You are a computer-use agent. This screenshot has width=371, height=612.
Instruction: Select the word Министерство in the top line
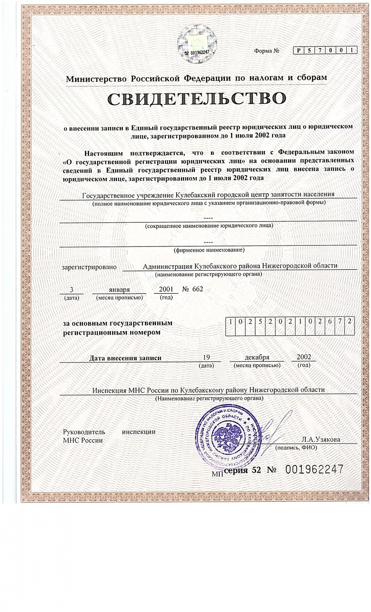point(96,79)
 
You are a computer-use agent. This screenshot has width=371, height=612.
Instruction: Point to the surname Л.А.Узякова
point(321,439)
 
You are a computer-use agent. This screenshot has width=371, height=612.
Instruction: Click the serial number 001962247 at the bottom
point(314,469)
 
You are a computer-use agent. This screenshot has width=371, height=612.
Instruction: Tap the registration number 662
point(197,289)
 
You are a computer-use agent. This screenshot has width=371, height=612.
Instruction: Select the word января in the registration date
point(119,289)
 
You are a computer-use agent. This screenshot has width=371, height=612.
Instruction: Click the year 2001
point(166,289)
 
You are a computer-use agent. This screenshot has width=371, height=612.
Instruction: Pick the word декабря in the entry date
point(257,357)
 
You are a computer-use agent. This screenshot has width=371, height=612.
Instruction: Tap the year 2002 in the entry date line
point(304,357)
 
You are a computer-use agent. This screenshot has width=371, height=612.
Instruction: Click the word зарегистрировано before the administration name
point(89,267)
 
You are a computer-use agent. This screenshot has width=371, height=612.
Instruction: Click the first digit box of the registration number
point(231,322)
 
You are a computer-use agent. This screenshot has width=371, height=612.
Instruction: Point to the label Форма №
point(266,51)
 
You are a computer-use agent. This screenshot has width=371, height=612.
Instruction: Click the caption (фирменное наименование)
point(209,250)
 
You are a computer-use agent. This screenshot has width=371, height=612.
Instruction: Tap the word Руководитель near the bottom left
point(84,432)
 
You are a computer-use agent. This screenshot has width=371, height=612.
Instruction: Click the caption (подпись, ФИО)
point(296,447)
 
